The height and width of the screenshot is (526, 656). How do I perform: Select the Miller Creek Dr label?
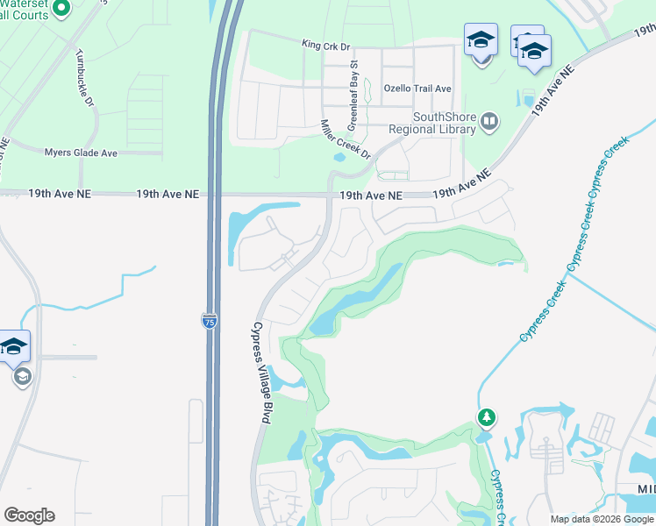click(x=346, y=139)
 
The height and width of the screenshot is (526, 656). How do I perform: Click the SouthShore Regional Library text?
click(x=445, y=123)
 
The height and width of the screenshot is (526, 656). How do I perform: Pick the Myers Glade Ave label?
click(x=81, y=153)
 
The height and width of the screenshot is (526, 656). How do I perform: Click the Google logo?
click(x=29, y=515)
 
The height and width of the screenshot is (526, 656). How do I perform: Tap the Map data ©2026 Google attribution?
click(x=602, y=519)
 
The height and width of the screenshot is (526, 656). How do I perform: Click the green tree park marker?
click(x=486, y=416)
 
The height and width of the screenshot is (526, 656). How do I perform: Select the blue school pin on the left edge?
click(x=15, y=346)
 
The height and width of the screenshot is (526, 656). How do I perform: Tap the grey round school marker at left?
click(x=22, y=377)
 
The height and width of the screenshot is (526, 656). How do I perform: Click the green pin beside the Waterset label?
click(x=61, y=9)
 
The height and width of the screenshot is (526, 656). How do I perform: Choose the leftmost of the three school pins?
click(x=481, y=40)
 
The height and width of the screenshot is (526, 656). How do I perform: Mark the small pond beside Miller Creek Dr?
click(x=340, y=158)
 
